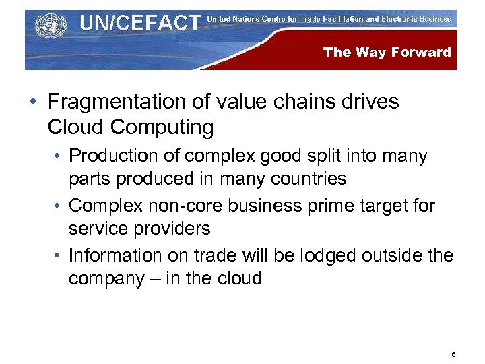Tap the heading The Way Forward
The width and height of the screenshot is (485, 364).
click(387, 52)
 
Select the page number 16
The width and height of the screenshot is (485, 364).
click(452, 354)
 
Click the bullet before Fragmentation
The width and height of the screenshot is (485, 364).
click(33, 102)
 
